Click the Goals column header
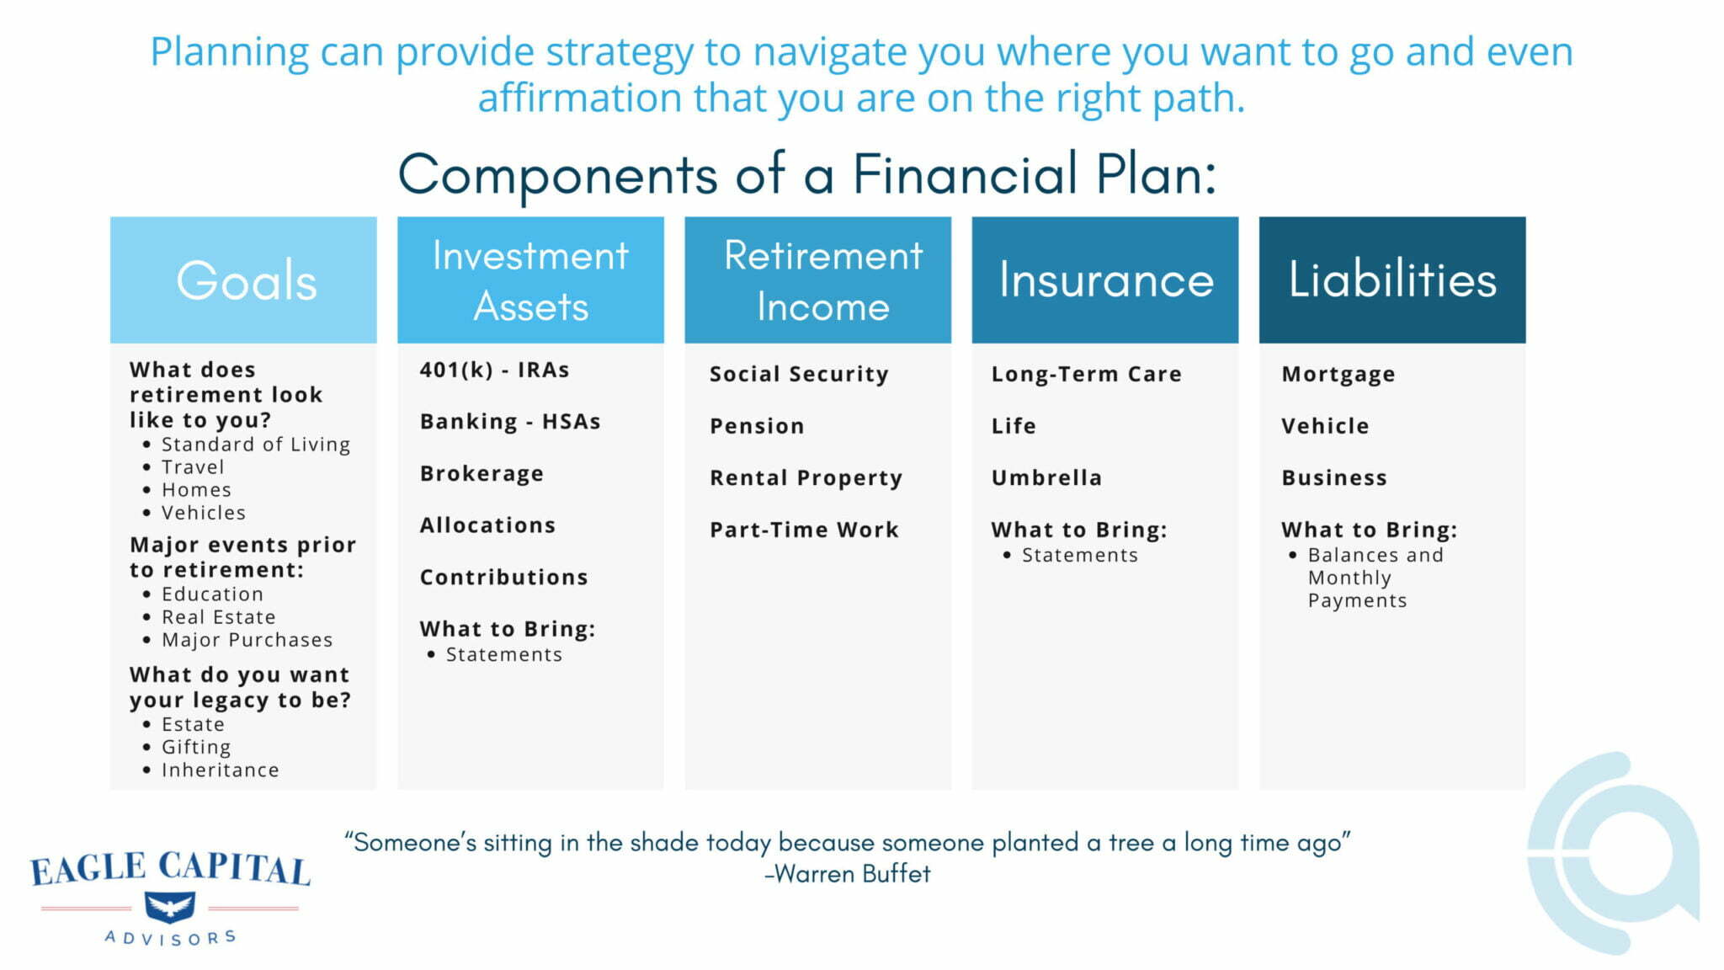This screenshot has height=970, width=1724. [243, 280]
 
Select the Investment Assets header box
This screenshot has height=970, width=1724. [530, 280]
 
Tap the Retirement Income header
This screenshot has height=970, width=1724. [817, 280]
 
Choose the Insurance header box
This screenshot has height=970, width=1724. [1104, 280]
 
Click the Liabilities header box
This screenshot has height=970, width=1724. [1391, 280]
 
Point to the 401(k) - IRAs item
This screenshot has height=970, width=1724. [494, 370]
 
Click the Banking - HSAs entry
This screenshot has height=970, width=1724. [510, 421]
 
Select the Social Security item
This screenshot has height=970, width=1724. [798, 374]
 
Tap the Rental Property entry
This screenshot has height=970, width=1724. [806, 477]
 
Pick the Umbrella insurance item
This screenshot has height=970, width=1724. [1046, 477]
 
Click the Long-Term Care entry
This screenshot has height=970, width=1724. [1086, 374]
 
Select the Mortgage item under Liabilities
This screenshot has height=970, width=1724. [1338, 374]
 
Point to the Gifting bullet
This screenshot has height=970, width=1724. [195, 747]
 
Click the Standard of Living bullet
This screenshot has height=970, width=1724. [255, 444]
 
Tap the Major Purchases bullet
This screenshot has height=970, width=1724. [247, 640]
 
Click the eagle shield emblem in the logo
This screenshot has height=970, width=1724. [170, 907]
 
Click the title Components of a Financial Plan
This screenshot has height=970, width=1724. [806, 174]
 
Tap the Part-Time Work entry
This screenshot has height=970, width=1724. [804, 530]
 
